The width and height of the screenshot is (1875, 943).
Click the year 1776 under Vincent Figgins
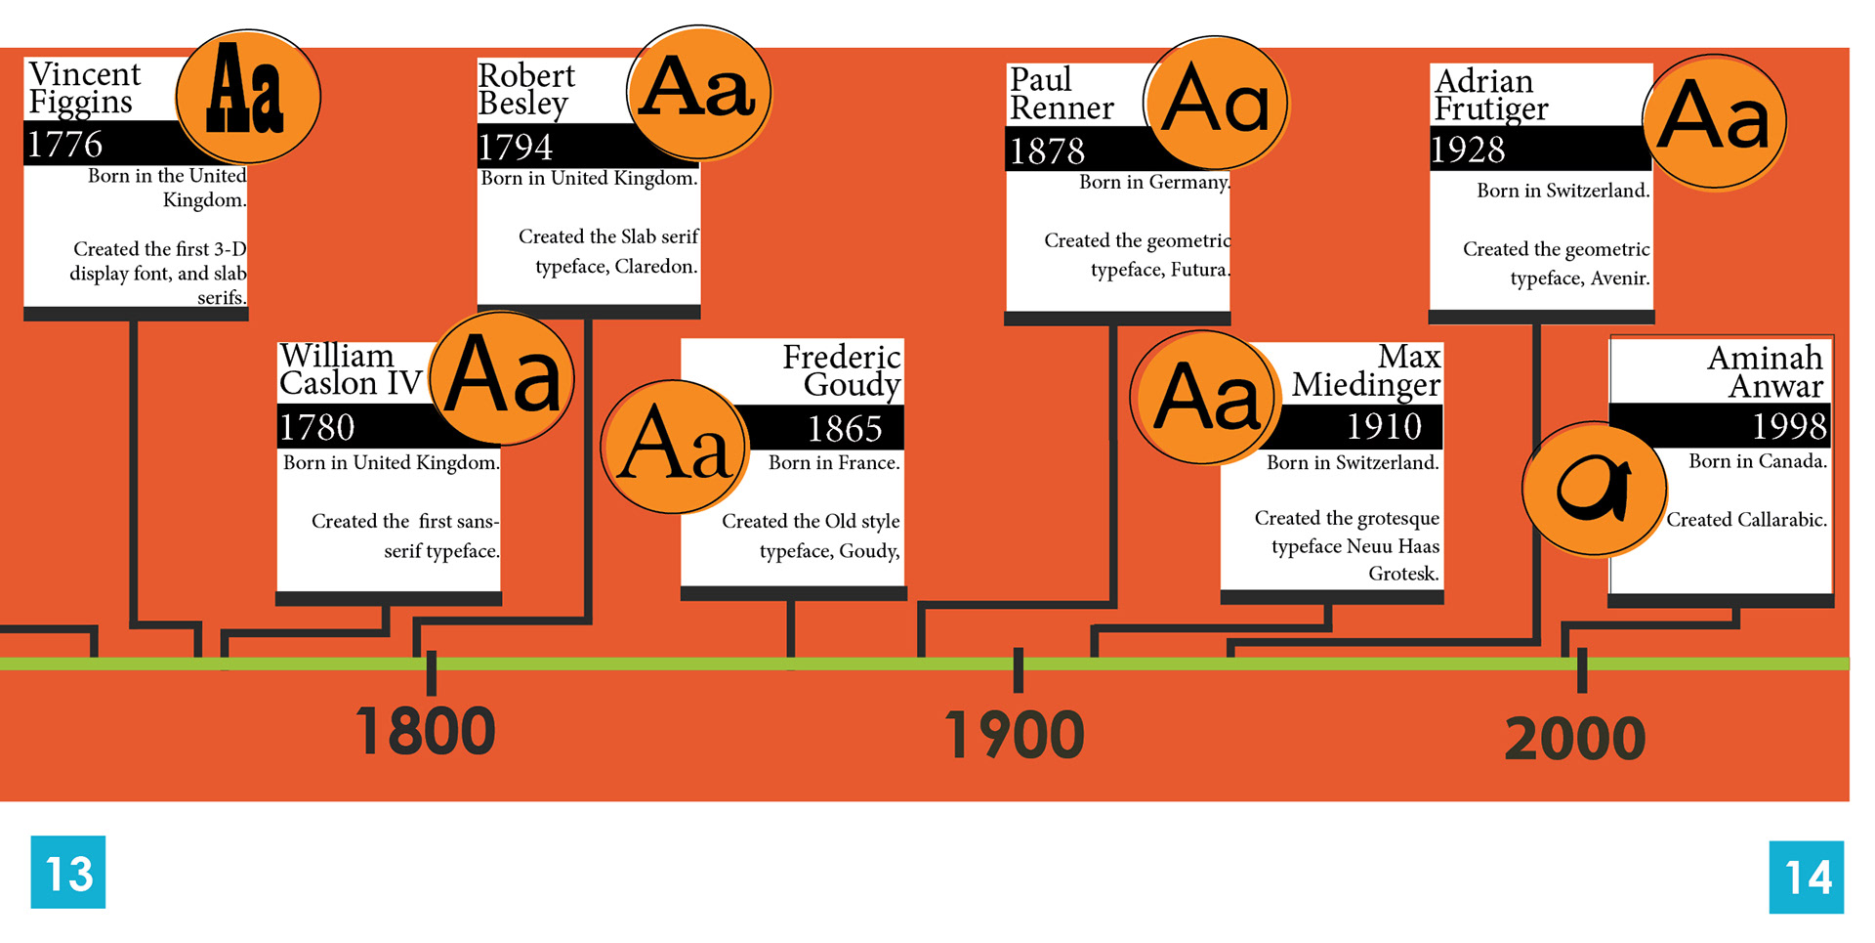(x=64, y=145)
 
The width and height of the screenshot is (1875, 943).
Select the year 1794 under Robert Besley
(x=515, y=148)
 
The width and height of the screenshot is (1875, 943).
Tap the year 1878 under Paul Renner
(x=1047, y=151)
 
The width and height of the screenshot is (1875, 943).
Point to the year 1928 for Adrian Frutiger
(x=1468, y=150)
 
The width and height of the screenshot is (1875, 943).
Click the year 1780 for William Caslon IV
(x=316, y=427)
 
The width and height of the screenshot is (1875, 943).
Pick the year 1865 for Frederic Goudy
(x=845, y=428)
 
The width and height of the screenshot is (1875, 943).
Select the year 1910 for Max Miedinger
(x=1384, y=426)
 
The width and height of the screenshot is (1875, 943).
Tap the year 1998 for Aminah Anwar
(x=1789, y=426)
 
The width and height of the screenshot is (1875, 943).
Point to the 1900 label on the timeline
(x=1015, y=735)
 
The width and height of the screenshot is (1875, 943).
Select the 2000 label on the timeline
(x=1575, y=739)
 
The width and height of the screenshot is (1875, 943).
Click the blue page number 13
(x=68, y=873)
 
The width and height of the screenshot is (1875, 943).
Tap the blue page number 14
(x=1807, y=877)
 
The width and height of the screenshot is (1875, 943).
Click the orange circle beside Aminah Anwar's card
(x=1594, y=489)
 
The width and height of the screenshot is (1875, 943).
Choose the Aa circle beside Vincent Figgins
(x=248, y=96)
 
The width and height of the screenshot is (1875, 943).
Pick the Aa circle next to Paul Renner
(x=1216, y=103)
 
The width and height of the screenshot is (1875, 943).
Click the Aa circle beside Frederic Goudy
(x=674, y=447)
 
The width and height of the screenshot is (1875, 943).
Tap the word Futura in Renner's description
(x=1198, y=270)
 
